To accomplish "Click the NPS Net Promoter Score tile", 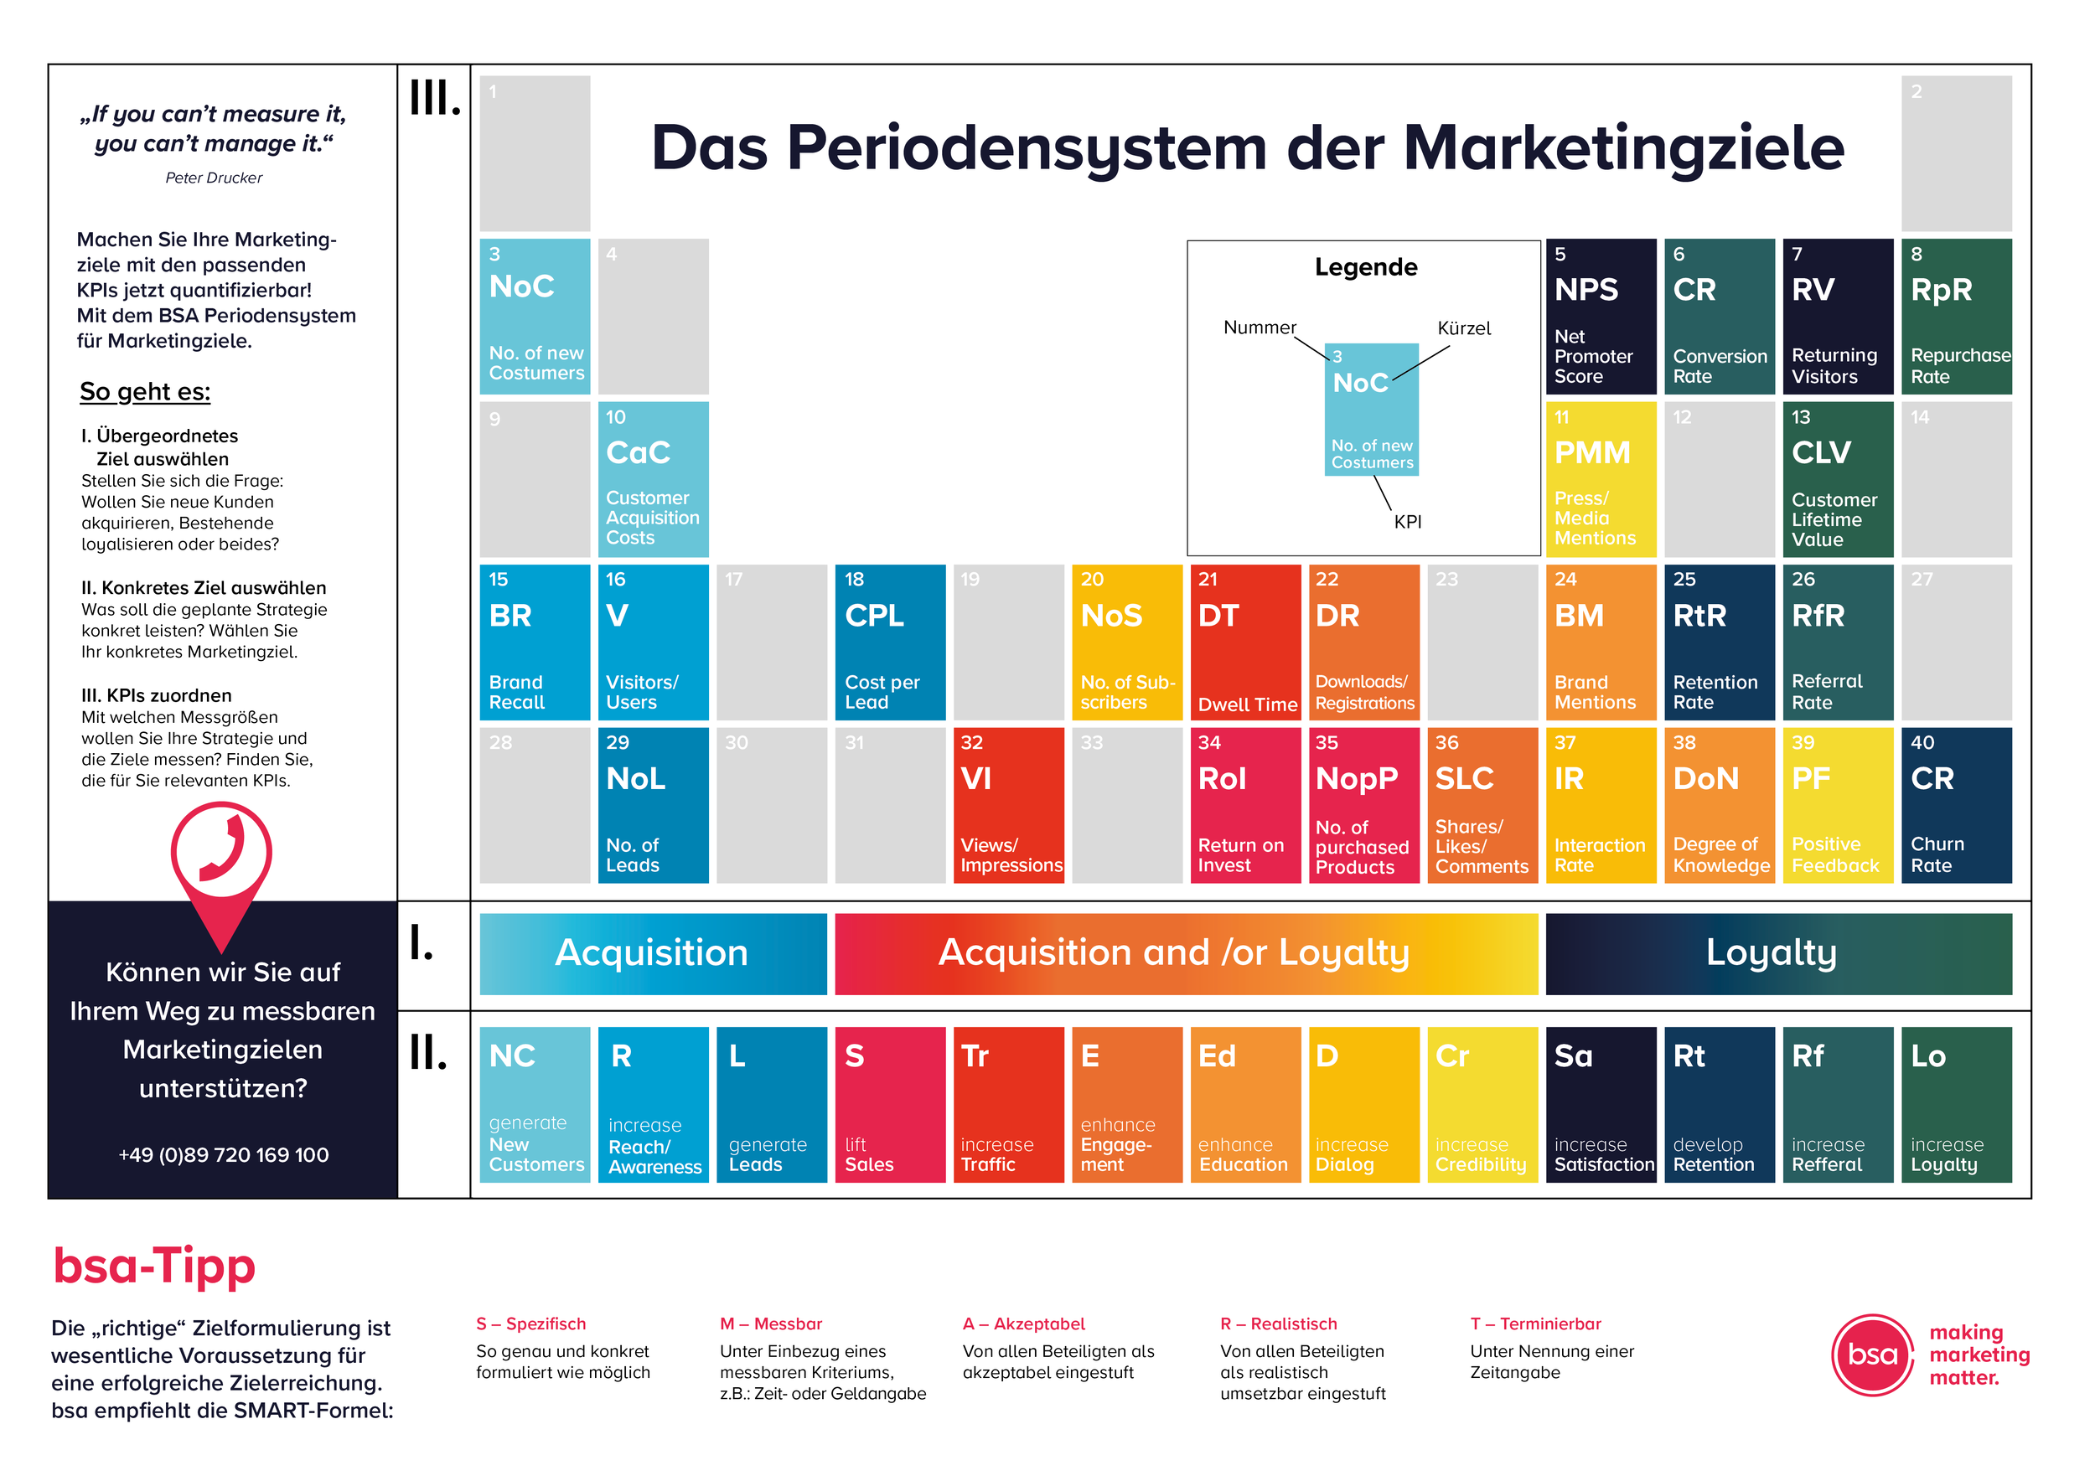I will click(1601, 317).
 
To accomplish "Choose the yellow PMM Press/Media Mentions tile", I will click(1601, 480).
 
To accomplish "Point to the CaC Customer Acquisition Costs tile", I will click(653, 480).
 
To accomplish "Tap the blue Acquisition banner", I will click(653, 954).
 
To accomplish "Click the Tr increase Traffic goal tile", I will click(1008, 1104).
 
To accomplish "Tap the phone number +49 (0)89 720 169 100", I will click(224, 1154).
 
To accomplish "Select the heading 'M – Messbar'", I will click(770, 1324).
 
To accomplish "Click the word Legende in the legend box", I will click(1365, 267).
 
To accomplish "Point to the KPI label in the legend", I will click(1407, 522).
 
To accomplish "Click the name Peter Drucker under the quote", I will click(214, 178).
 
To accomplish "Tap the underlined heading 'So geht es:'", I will click(145, 391).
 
